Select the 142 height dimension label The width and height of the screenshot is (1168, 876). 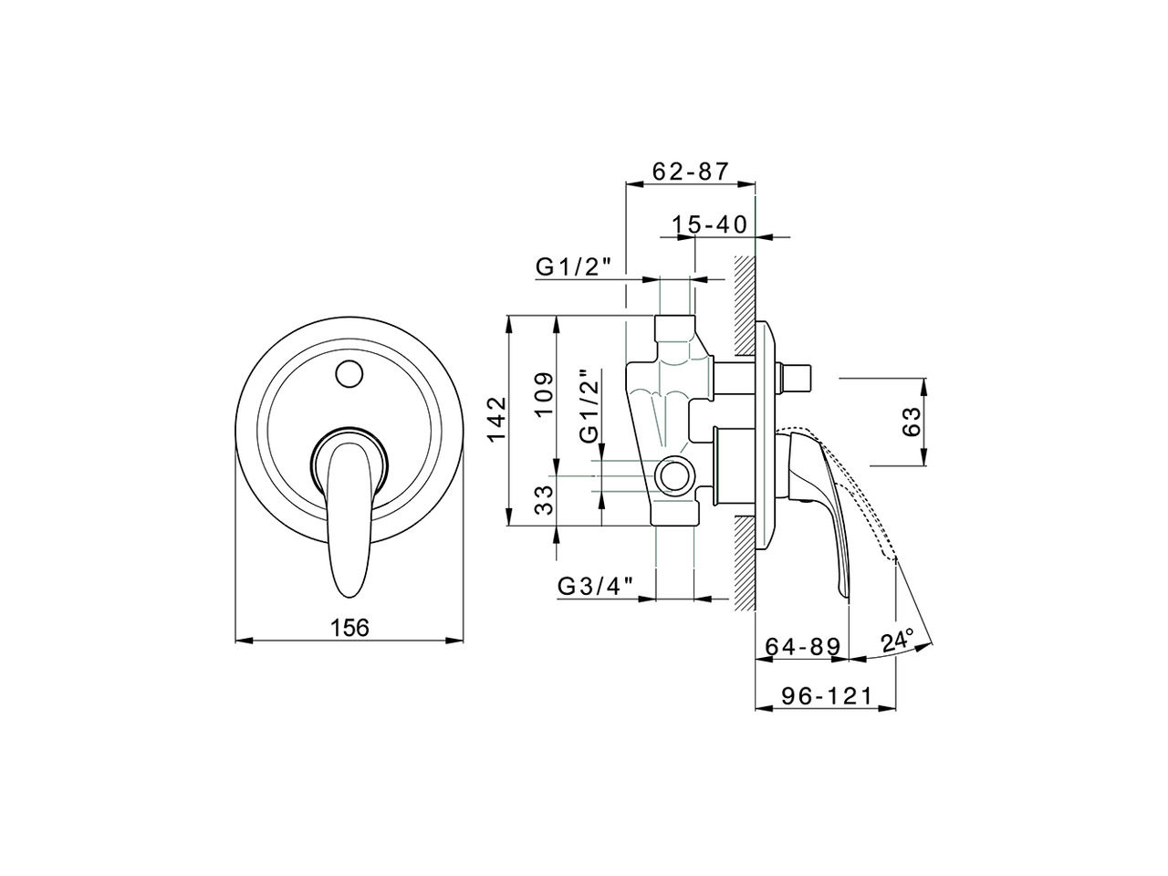(495, 421)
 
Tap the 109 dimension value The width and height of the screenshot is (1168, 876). (543, 394)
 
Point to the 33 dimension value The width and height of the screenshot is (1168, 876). (543, 500)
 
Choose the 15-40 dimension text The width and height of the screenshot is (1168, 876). (709, 224)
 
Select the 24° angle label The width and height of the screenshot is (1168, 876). (897, 641)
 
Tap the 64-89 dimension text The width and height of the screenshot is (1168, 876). (802, 646)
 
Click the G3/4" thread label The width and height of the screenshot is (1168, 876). (595, 586)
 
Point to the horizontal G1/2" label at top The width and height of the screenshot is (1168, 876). (578, 266)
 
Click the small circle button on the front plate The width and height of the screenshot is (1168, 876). (349, 373)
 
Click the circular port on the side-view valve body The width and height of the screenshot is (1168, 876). (675, 475)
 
